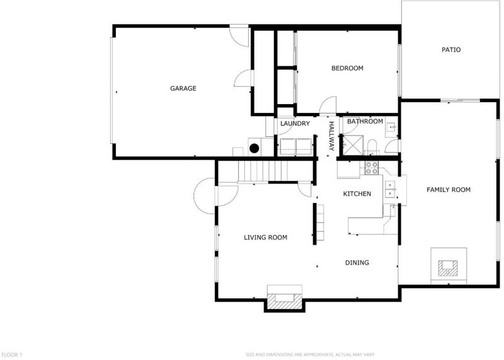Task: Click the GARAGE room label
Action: click(x=183, y=88)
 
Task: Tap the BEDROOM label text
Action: click(x=347, y=68)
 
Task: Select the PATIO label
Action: click(x=451, y=50)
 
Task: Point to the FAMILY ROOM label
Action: click(x=449, y=190)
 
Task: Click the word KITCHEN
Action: click(x=357, y=194)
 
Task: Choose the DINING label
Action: click(x=357, y=262)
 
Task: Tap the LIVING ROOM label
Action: click(x=265, y=238)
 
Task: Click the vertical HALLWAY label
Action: click(x=331, y=136)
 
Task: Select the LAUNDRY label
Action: click(x=295, y=124)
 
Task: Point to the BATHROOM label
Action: click(x=365, y=121)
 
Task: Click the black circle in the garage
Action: click(x=255, y=148)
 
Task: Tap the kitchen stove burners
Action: click(x=372, y=168)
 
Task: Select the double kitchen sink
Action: click(x=390, y=189)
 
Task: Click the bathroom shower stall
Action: click(x=353, y=145)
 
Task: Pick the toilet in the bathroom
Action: click(x=372, y=147)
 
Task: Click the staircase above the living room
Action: click(x=263, y=171)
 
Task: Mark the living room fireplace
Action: click(x=285, y=299)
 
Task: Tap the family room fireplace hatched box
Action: click(x=448, y=269)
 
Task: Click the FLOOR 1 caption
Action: click(x=11, y=354)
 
